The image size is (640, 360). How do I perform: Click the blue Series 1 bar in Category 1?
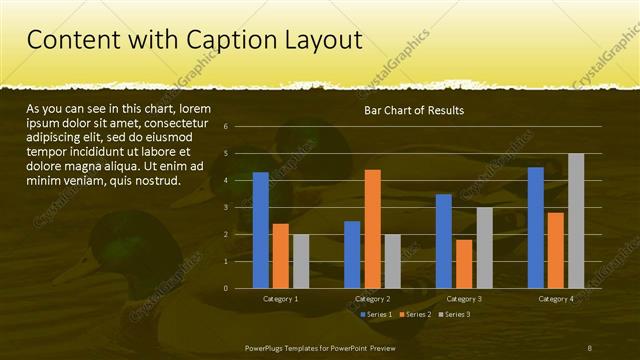[x=260, y=230]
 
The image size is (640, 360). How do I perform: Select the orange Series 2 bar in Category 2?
[x=372, y=229]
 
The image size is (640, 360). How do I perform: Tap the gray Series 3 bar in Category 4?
[x=576, y=221]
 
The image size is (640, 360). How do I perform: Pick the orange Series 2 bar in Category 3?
[x=464, y=264]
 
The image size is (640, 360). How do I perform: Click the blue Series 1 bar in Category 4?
[x=536, y=227]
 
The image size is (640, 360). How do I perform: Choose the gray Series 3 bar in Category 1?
[x=301, y=261]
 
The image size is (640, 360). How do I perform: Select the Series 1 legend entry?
[x=375, y=314]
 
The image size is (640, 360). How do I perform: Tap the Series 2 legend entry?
[x=414, y=314]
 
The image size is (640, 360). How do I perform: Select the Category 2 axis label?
[x=372, y=299]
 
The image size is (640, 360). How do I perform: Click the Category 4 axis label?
[x=556, y=299]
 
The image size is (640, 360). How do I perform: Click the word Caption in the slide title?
[x=229, y=40]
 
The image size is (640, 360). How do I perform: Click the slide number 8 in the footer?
[x=590, y=346]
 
